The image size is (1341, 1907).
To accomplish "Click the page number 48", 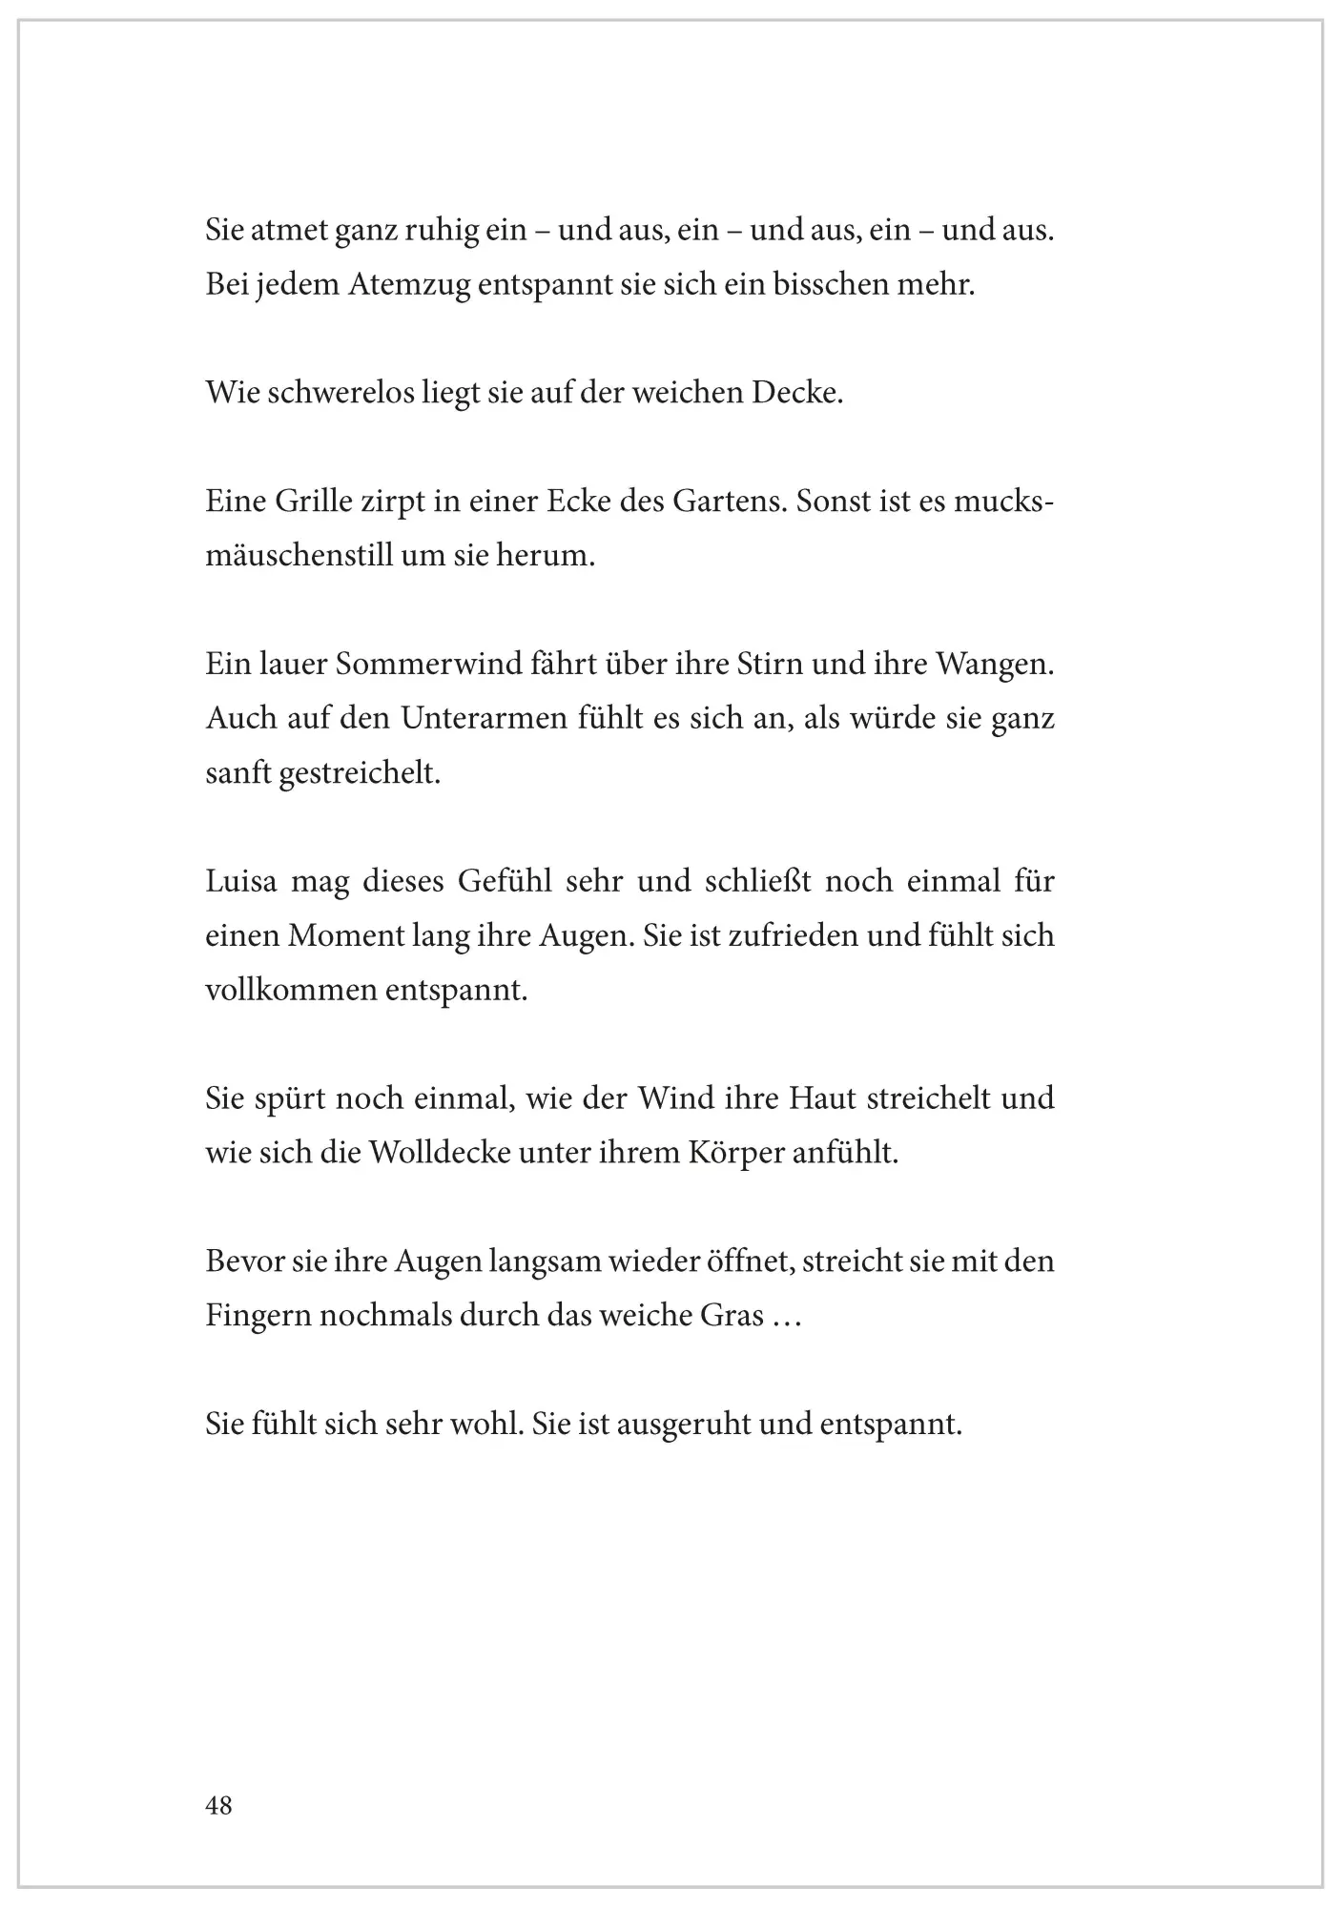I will [x=218, y=1805].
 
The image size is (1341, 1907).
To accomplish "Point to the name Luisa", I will [x=241, y=881].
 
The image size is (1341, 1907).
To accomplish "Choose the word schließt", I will [x=757, y=881].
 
